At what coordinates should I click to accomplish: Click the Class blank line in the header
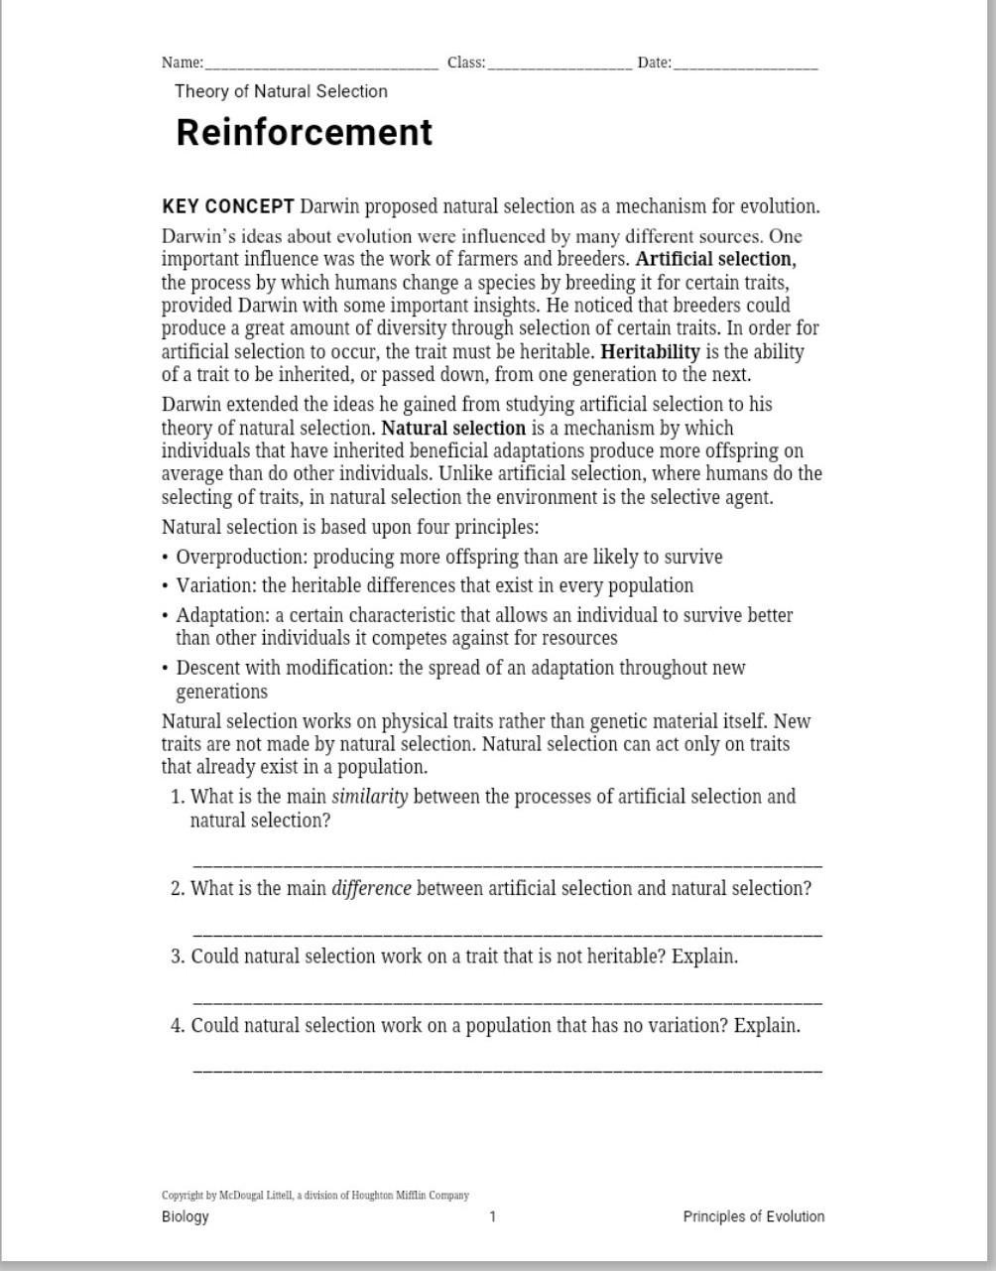560,66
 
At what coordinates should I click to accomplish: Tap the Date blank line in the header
745,66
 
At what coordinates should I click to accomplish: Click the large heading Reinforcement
305,132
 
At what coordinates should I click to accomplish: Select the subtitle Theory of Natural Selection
281,91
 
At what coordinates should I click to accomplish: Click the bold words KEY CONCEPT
228,206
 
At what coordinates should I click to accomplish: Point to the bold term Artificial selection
715,259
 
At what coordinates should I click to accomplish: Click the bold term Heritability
651,351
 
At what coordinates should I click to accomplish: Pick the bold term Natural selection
453,428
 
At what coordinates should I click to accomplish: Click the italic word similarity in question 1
369,797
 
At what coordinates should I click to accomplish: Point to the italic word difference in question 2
371,888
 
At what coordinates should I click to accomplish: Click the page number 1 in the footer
493,1216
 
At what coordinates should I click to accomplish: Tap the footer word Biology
186,1216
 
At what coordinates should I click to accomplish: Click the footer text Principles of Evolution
753,1216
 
